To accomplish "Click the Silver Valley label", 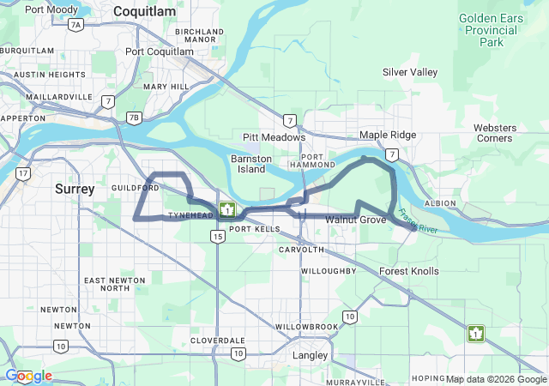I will point(410,72).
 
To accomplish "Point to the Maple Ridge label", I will point(388,135).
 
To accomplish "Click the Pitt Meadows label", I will point(274,137).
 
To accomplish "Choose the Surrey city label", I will point(75,189).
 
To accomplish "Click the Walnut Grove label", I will point(356,220).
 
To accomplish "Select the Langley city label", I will point(311,354).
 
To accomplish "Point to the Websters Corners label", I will point(493,133).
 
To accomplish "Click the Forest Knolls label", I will point(409,271).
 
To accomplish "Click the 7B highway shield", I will point(133,118).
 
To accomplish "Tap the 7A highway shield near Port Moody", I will point(75,25).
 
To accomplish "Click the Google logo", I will point(28,376).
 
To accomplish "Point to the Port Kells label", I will point(255,230).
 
